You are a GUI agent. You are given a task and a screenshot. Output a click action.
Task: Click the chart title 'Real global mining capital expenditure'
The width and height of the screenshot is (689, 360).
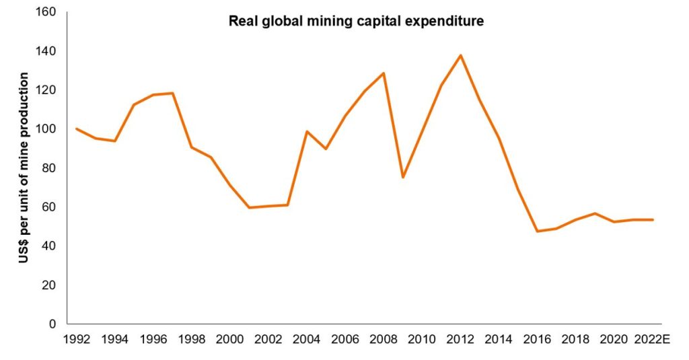(357, 21)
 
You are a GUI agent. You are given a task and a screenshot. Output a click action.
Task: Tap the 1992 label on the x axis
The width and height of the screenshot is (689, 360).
(76, 338)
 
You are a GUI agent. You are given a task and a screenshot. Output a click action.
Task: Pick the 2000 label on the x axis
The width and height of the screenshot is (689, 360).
(229, 338)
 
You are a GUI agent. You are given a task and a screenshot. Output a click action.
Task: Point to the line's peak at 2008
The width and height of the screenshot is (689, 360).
(384, 73)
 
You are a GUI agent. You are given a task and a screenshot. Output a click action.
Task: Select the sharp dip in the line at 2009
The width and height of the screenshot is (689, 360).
(403, 177)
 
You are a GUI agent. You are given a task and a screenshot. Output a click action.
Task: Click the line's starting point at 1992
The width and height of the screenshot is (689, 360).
(76, 129)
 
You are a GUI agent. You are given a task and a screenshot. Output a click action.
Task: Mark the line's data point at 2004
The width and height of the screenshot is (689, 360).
(307, 131)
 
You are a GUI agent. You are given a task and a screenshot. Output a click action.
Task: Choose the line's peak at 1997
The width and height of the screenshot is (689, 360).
(172, 93)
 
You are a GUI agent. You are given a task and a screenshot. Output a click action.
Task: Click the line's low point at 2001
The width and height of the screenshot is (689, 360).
(249, 207)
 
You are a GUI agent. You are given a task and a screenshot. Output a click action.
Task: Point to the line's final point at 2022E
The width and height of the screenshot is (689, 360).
(653, 219)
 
